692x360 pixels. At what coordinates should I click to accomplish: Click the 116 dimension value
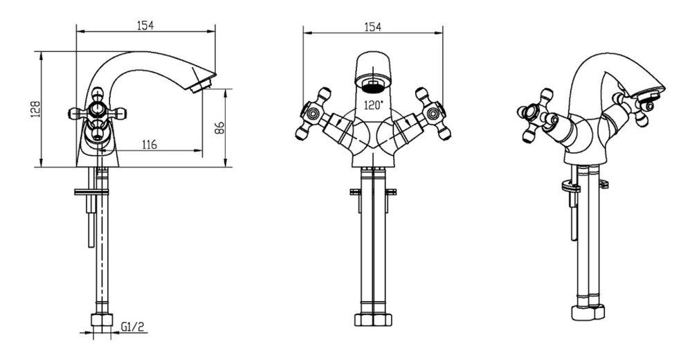(x=149, y=144)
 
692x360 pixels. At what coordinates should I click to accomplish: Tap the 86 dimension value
(x=219, y=127)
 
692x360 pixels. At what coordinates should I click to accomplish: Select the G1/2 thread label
(x=132, y=327)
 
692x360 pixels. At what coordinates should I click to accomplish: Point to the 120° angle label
(x=374, y=105)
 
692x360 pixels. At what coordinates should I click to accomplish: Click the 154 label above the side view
(x=145, y=26)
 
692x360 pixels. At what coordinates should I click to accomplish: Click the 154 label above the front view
(x=372, y=27)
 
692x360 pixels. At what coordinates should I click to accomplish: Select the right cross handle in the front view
(x=433, y=114)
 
